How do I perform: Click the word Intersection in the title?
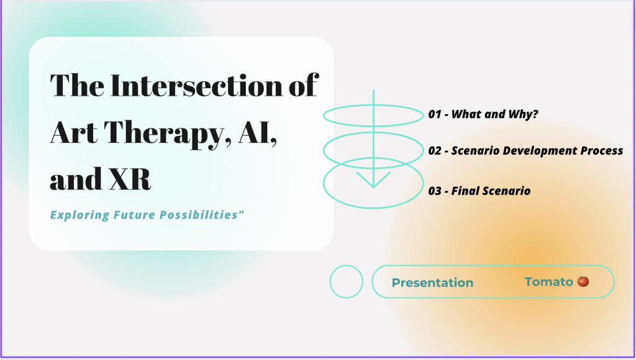(197, 85)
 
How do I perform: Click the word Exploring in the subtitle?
(80, 215)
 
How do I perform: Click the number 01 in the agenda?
(434, 114)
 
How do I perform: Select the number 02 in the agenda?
(434, 151)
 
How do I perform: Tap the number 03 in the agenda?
(434, 191)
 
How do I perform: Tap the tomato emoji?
(583, 281)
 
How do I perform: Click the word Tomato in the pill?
(549, 282)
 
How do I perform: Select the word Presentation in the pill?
(432, 282)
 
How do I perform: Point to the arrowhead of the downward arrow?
(373, 187)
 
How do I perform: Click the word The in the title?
(77, 85)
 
